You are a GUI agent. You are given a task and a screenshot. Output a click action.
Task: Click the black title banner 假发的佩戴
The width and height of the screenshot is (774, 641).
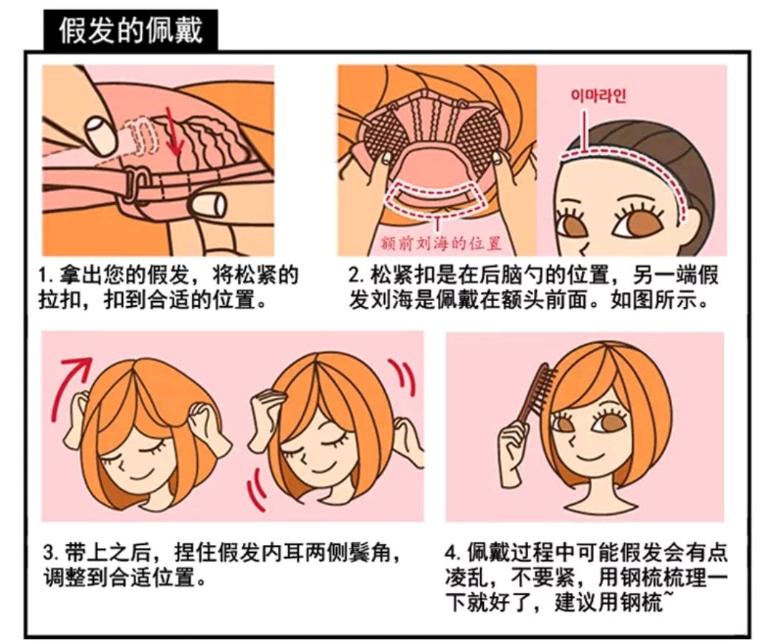pos(131,29)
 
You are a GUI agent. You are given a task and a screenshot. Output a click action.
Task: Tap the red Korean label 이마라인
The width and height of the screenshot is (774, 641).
pos(598,95)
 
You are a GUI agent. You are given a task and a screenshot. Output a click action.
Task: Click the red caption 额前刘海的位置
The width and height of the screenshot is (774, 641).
pos(441,242)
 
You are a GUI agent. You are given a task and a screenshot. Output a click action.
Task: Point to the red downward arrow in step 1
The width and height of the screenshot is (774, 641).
pos(172,131)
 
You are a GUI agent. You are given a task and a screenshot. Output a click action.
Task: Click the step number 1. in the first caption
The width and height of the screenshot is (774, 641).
pos(46,275)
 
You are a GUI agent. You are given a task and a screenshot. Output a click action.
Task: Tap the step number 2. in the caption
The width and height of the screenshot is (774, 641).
pos(356,275)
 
